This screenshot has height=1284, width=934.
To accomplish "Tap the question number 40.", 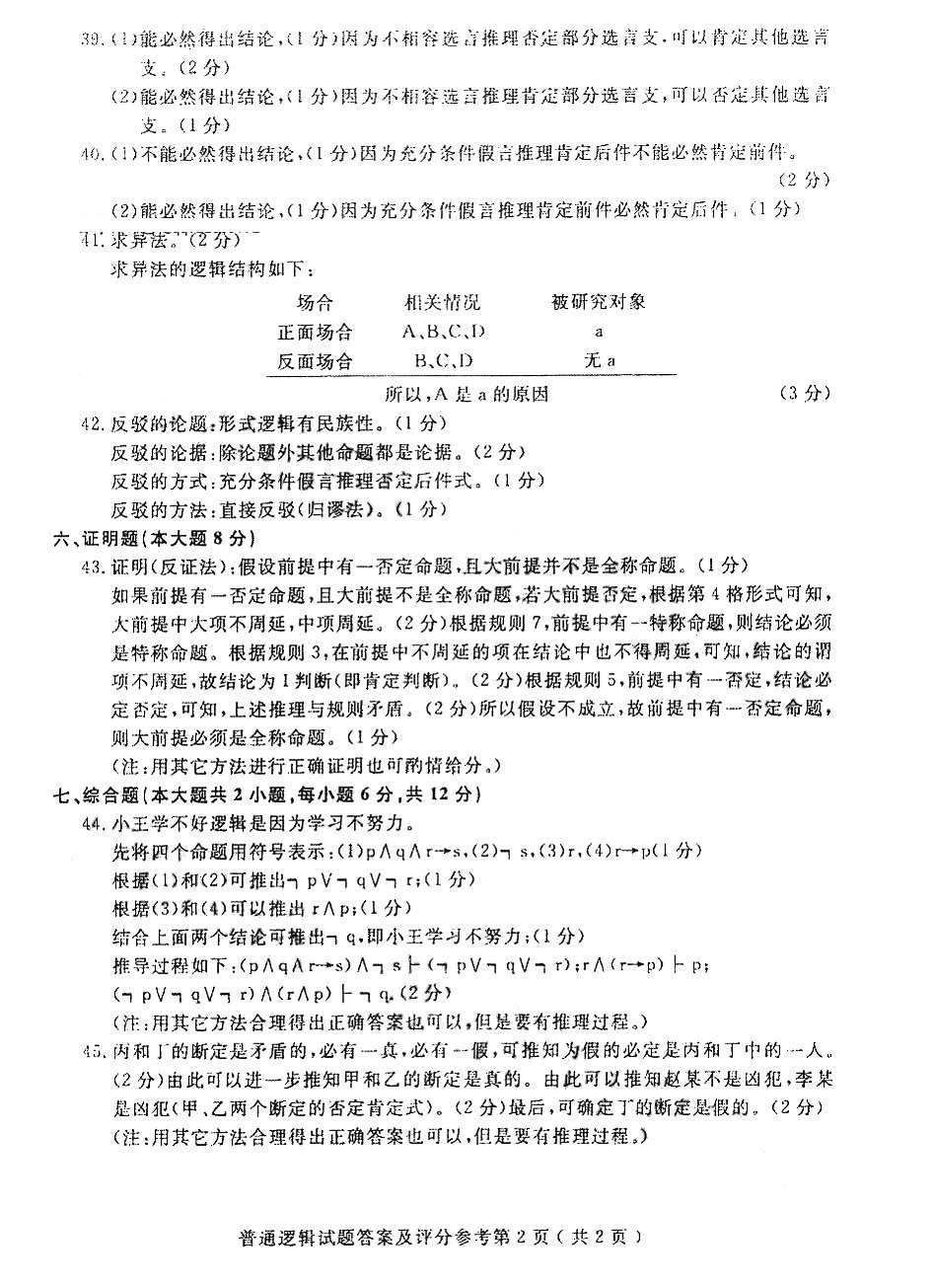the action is click(91, 153).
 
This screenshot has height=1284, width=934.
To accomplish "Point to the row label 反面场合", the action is click(315, 361).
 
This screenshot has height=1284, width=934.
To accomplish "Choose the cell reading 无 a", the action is click(600, 361).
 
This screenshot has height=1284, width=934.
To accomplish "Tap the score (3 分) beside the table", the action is click(805, 393).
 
